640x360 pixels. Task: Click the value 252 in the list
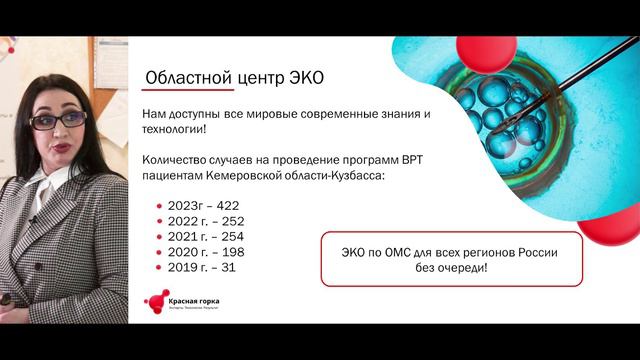[x=231, y=220]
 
